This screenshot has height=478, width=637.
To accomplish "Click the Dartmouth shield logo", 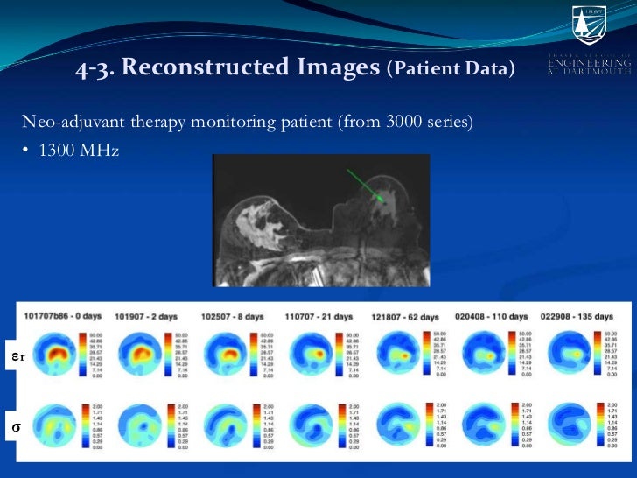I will (588, 24).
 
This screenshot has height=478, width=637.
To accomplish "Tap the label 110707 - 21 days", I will (319, 316).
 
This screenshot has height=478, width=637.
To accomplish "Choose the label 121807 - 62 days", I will (406, 316).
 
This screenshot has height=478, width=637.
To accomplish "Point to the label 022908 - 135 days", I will (578, 316).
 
